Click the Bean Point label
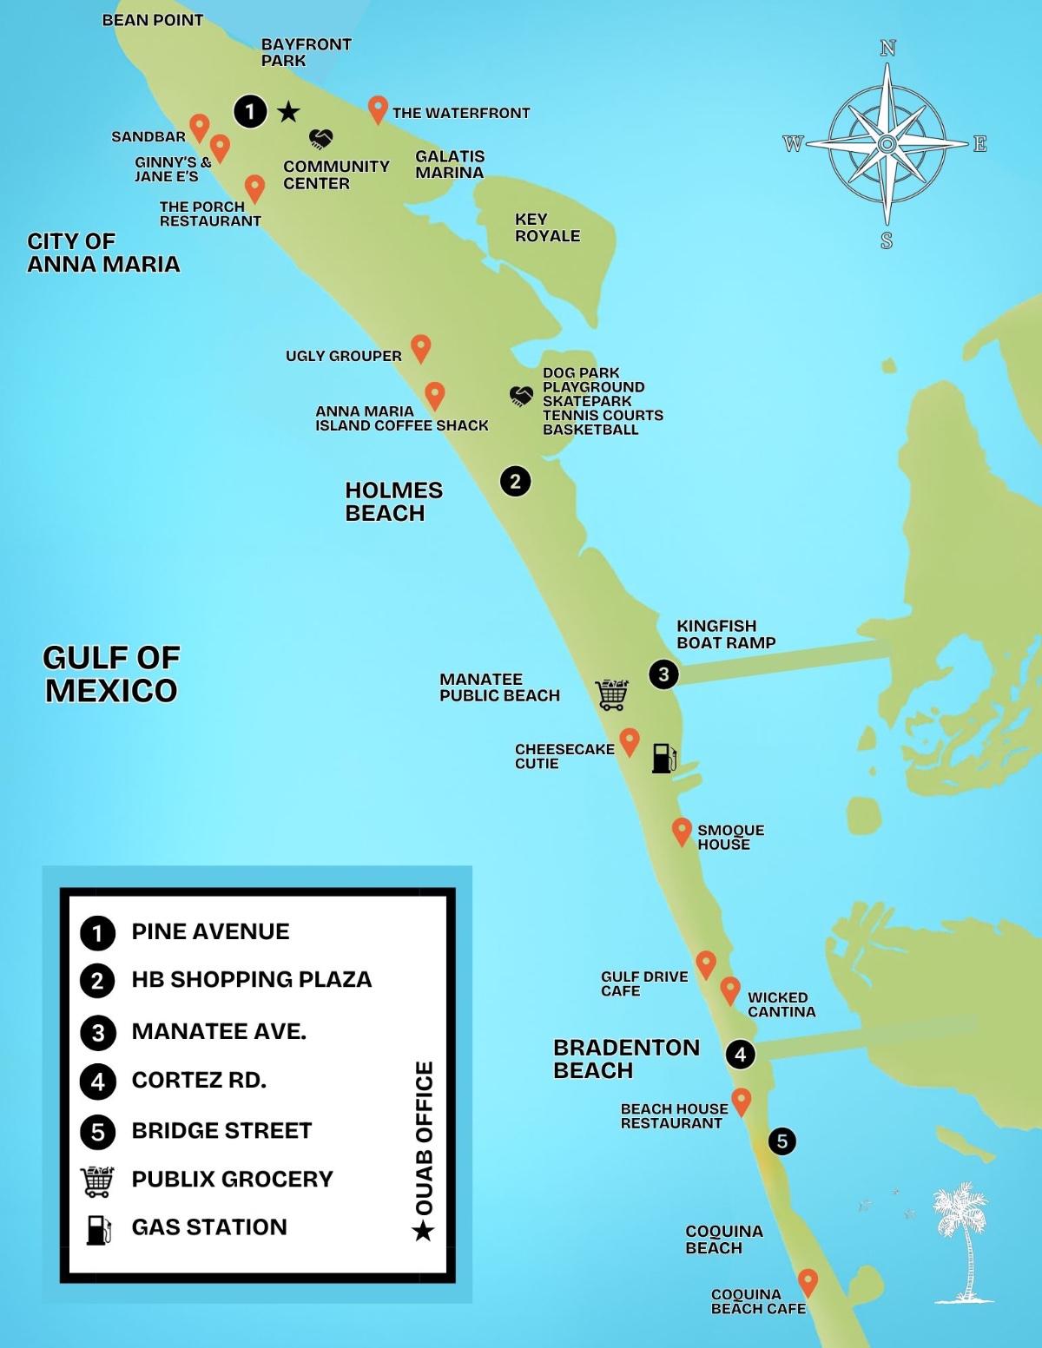tap(152, 20)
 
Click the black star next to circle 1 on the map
tap(288, 112)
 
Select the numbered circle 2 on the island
tap(515, 481)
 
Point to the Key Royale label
tap(547, 227)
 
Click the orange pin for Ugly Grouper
tap(420, 348)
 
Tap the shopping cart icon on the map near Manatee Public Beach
tap(611, 694)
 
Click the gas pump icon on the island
tap(663, 757)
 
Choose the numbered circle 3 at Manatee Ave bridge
tap(663, 674)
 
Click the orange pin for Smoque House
tap(682, 832)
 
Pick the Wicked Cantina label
tap(781, 1004)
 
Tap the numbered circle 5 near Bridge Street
tap(782, 1141)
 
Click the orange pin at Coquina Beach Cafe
tap(808, 1281)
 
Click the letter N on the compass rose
tap(887, 49)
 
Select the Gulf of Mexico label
tap(110, 674)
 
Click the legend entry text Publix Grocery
tap(232, 1179)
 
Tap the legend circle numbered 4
tap(97, 1082)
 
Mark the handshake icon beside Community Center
tap(322, 138)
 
